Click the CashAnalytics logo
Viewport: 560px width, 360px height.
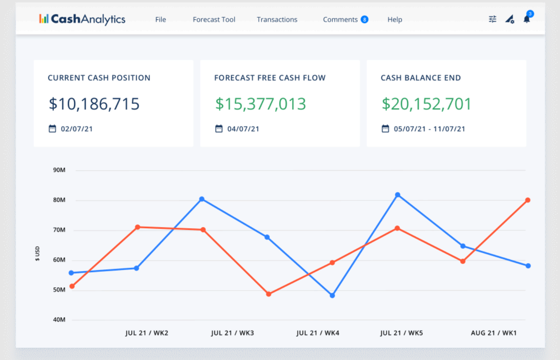82,19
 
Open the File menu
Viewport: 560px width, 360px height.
161,19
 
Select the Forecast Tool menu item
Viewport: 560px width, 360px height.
214,19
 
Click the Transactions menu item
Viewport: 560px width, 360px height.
277,19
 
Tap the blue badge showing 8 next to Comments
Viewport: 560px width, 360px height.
364,19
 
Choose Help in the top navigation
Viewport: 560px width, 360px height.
394,19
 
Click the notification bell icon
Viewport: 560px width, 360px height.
527,19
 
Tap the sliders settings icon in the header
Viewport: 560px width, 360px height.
492,19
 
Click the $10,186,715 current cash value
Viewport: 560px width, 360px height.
94,104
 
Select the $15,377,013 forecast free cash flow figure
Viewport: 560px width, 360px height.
260,104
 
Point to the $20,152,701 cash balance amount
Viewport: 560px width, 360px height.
426,104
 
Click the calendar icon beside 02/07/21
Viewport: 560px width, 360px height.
52,129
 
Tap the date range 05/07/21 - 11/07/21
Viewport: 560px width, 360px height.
429,129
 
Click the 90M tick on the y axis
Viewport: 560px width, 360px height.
59,170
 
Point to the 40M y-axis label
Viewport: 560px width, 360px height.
59,320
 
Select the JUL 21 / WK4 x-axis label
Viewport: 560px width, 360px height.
318,333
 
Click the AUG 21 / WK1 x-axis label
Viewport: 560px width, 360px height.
494,333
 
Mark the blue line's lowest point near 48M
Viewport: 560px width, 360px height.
332,295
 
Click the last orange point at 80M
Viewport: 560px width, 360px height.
527,200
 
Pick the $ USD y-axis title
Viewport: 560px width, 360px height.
37,254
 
